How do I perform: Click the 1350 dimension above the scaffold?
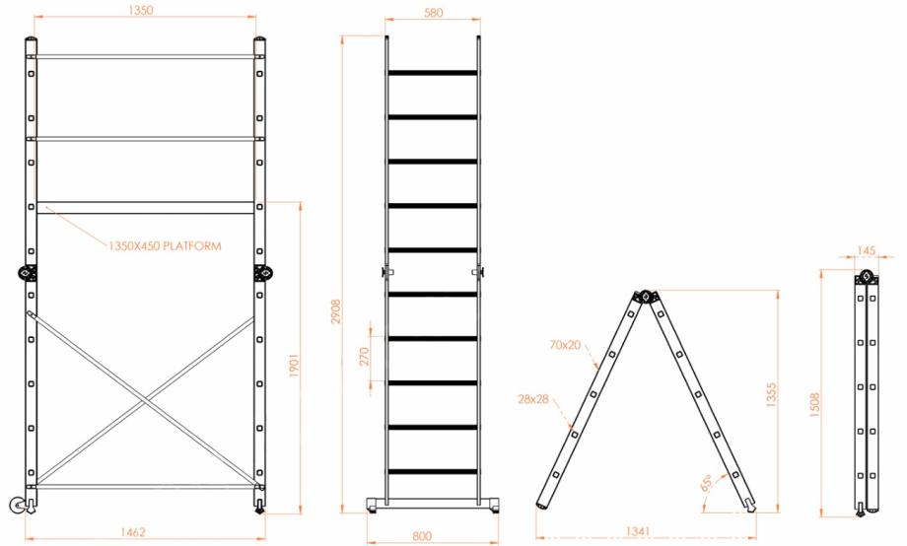click(x=141, y=10)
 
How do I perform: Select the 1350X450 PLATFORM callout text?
click(x=165, y=245)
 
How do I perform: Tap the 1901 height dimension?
click(x=294, y=366)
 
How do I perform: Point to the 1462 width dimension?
click(x=132, y=532)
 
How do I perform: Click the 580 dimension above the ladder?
click(x=433, y=12)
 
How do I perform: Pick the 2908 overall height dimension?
click(x=336, y=311)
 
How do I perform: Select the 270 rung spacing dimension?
click(x=364, y=357)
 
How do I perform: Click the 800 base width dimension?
click(x=422, y=536)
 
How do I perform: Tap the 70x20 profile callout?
click(x=565, y=345)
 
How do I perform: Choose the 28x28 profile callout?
click(x=532, y=399)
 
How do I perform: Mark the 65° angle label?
click(x=707, y=483)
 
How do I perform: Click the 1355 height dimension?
click(x=771, y=395)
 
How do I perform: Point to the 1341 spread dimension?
click(x=638, y=531)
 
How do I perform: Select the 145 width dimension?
click(x=866, y=250)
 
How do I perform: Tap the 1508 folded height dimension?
click(x=815, y=405)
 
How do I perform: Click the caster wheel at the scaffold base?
click(x=19, y=506)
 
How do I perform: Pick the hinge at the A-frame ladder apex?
click(x=646, y=296)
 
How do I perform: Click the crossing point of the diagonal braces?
click(x=145, y=399)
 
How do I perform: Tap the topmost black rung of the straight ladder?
click(x=433, y=73)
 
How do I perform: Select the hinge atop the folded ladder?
click(x=866, y=277)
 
